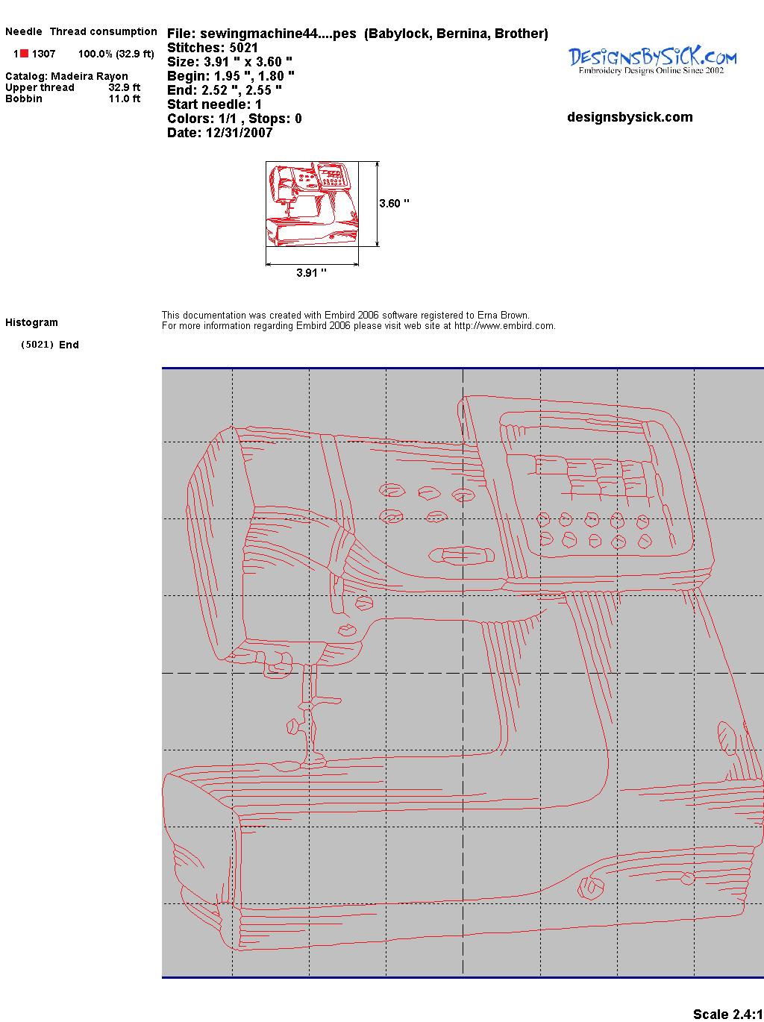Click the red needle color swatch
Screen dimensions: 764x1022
[25, 54]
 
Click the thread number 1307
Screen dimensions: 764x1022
[44, 54]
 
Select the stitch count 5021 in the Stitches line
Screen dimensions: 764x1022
[243, 48]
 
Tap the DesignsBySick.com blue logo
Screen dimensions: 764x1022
[652, 60]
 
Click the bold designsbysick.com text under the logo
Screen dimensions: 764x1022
[630, 117]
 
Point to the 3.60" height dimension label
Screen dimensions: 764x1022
[394, 204]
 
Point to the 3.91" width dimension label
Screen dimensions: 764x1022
[311, 272]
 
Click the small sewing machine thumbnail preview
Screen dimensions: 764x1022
[312, 204]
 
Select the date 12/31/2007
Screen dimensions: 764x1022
[239, 133]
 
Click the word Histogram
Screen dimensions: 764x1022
[31, 322]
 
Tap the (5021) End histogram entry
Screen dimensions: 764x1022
[50, 345]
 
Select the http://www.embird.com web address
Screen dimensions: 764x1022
[504, 326]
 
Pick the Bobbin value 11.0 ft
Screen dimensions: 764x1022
[125, 98]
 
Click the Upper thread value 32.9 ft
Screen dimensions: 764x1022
[125, 87]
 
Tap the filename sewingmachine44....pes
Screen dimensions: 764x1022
[278, 34]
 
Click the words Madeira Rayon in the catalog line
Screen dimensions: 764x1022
[90, 76]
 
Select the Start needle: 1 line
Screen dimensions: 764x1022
[214, 104]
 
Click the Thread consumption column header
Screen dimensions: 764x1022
[104, 31]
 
